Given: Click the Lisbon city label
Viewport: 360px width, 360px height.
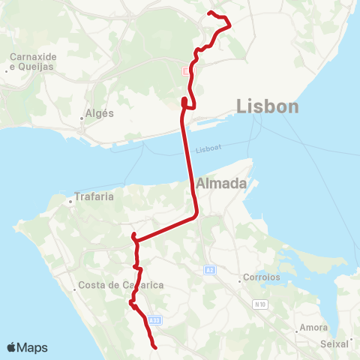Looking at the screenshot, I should click(267, 106).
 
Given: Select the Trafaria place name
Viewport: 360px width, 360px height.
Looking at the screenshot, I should click(94, 199).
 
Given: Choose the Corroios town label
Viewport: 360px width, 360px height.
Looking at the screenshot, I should click(262, 277).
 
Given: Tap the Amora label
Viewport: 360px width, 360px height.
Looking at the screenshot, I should click(313, 327).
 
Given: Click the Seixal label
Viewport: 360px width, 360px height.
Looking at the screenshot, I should click(334, 343).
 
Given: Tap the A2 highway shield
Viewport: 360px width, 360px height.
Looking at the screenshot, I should click(209, 268).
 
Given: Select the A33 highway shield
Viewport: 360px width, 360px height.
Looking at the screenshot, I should click(154, 320).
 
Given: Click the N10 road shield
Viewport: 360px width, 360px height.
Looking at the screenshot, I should click(260, 304).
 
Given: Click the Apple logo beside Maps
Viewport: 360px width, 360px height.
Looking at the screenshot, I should click(12, 347).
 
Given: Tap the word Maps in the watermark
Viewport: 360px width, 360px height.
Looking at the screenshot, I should click(33, 347).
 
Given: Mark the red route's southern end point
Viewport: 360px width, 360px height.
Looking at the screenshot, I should click(154, 347).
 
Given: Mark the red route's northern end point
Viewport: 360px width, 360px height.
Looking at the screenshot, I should click(209, 13).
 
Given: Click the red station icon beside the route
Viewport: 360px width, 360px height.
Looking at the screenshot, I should click(185, 70).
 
